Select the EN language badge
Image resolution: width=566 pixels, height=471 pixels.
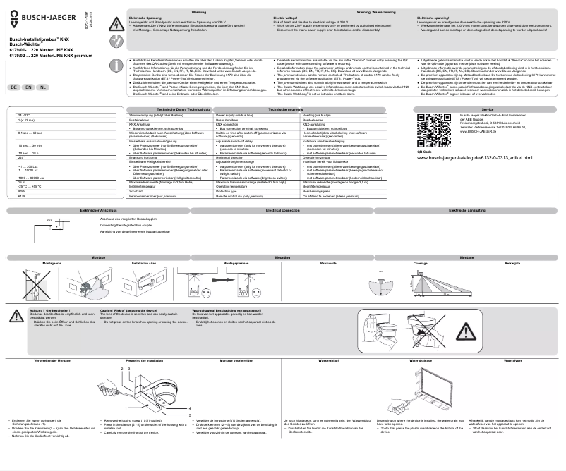click(28, 87)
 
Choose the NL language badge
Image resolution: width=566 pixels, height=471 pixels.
click(43, 87)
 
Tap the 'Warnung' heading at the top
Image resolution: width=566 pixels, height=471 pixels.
click(199, 12)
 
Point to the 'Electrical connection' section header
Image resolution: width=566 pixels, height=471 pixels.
click(282, 211)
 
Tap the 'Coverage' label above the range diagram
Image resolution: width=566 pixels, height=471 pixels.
click(420, 263)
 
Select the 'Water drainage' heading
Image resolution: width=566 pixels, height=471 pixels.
click(421, 360)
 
